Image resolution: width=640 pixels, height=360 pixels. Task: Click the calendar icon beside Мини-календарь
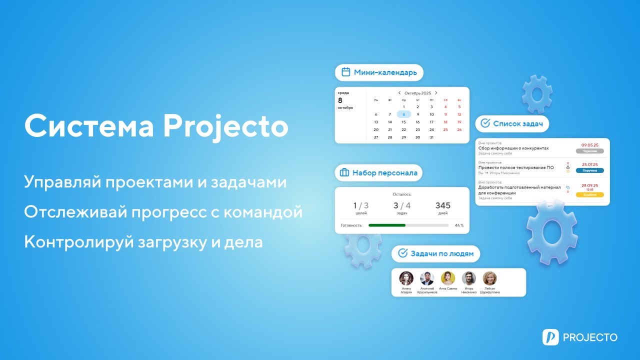pos(345,72)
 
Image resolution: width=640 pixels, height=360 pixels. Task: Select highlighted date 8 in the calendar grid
pos(404,114)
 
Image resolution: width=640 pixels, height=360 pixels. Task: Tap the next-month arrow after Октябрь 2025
pos(436,93)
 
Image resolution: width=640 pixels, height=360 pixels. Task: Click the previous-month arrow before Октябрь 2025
pos(399,93)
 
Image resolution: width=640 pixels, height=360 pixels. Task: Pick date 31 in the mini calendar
pos(431,137)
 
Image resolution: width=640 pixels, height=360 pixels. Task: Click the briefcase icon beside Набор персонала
pos(344,173)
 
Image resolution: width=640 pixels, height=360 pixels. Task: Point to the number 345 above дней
pos(442,205)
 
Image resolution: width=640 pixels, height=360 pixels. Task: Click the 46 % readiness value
pos(458,225)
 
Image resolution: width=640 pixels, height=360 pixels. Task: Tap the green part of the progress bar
pos(387,225)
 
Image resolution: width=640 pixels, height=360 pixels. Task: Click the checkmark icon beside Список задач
pos(485,123)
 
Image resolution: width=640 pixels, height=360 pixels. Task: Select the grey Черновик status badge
pos(589,151)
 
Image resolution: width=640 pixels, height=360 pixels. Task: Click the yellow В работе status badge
pos(589,194)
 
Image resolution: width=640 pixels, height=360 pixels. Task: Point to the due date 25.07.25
pos(590,164)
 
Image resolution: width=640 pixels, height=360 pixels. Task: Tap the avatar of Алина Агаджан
pos(406,278)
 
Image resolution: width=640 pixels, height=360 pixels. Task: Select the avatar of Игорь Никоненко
pos(469,278)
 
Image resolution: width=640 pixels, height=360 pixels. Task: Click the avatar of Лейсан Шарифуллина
pos(489,278)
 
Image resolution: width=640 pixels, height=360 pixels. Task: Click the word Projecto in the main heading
pos(225,126)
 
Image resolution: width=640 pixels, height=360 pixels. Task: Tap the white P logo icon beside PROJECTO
pos(550,337)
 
